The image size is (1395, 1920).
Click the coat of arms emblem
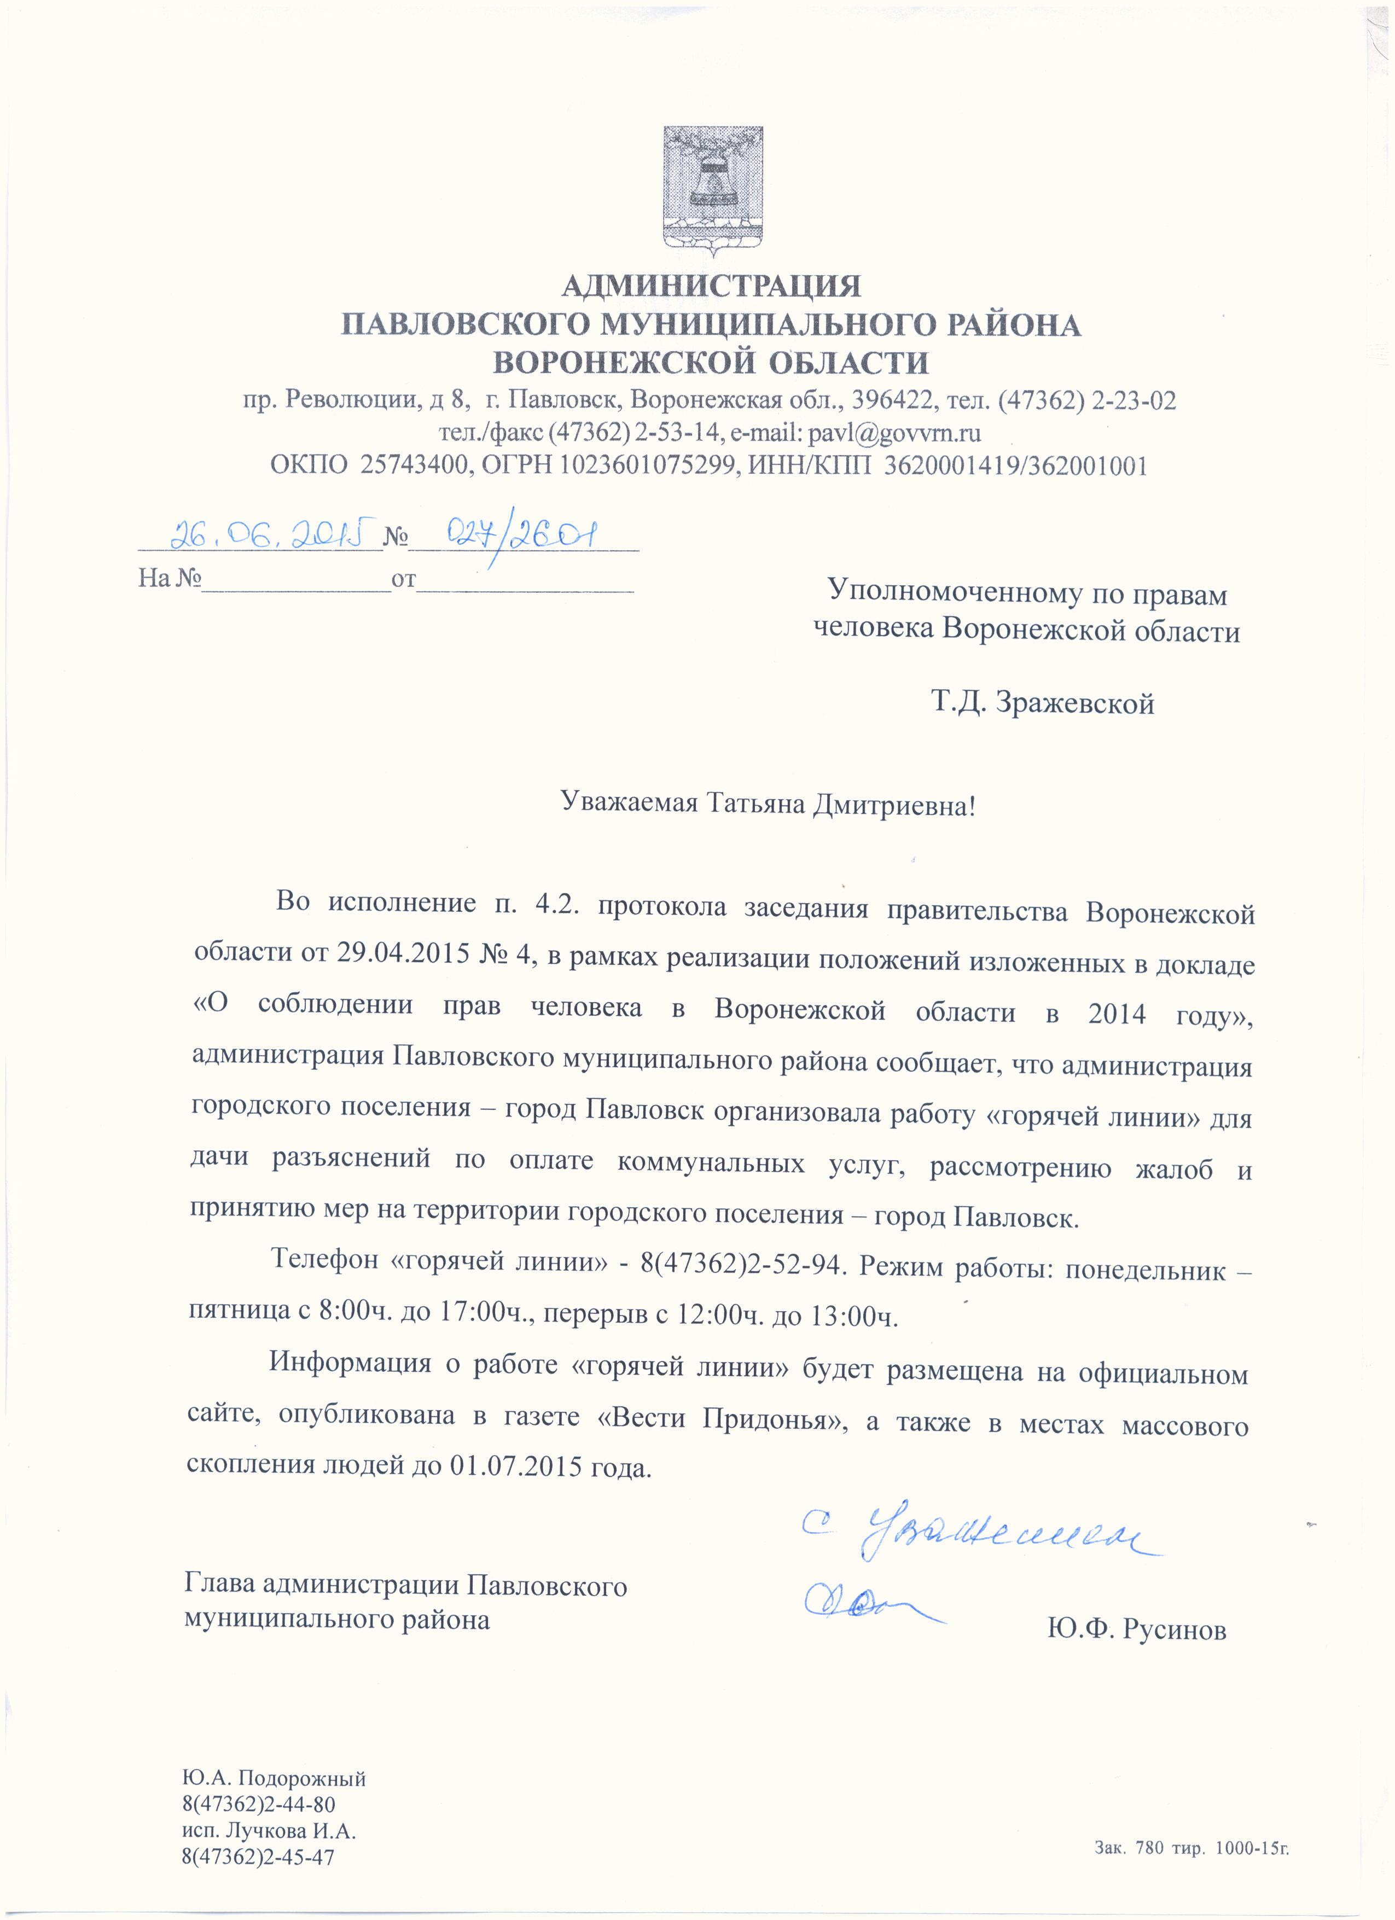(713, 190)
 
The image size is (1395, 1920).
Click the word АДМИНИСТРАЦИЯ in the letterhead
(711, 286)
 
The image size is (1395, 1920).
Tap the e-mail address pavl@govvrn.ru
(895, 433)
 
